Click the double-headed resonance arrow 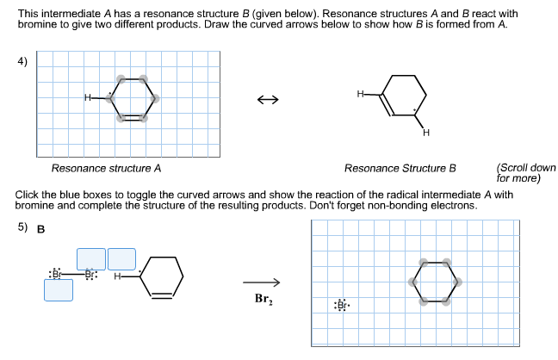click(x=267, y=102)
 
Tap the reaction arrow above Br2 click(x=262, y=282)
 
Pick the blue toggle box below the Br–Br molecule click(x=59, y=290)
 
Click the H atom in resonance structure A click(x=87, y=97)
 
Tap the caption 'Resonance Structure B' click(x=400, y=168)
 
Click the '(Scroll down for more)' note click(x=526, y=173)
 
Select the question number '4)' click(x=22, y=61)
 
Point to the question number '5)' click(x=22, y=228)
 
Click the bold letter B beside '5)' click(x=40, y=229)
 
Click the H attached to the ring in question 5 click(x=117, y=276)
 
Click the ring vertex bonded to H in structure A click(x=110, y=97)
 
